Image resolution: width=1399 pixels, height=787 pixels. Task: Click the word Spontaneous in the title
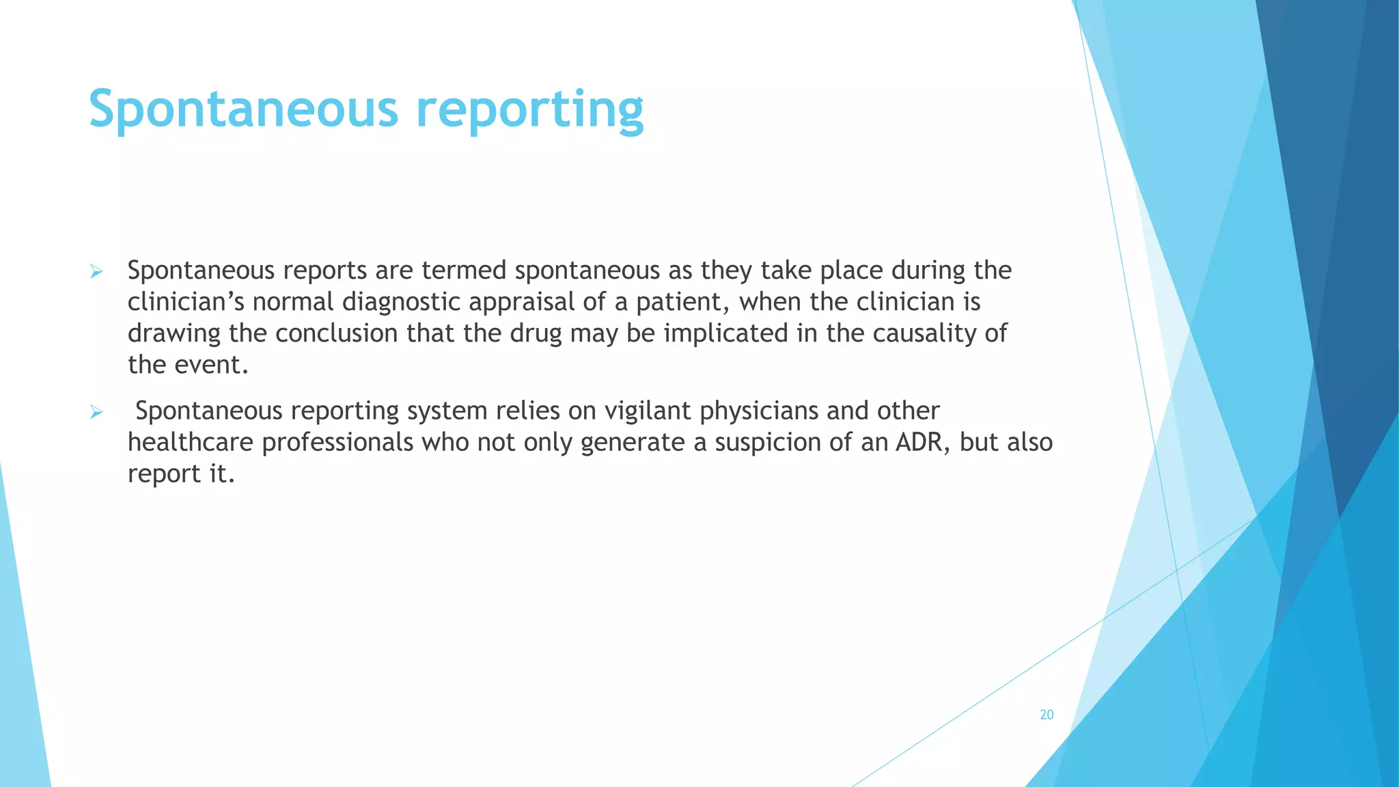coord(243,109)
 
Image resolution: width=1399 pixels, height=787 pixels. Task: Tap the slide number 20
coord(1047,715)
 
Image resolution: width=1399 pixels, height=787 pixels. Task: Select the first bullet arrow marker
coord(96,273)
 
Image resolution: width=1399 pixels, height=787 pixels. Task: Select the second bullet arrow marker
coord(96,413)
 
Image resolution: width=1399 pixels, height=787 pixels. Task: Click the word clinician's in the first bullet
coord(186,302)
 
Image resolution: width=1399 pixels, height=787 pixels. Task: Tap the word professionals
coord(338,443)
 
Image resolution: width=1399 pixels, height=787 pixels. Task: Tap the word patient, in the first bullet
coord(683,302)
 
